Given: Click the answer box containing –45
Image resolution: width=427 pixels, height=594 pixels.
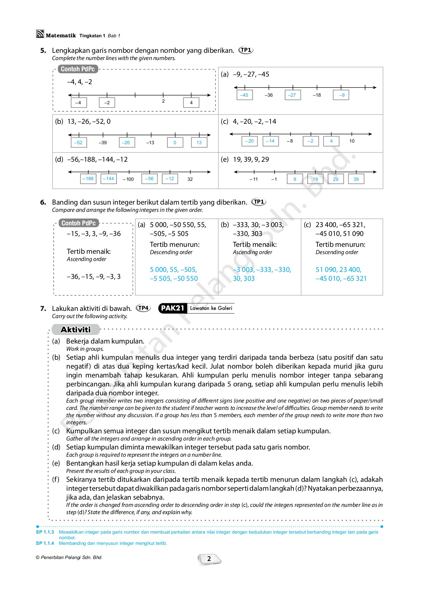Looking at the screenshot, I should click(x=244, y=95).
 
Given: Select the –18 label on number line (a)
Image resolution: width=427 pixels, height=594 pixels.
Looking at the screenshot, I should click(x=317, y=95).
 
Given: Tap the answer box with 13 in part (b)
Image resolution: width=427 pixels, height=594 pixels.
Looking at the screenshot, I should click(x=199, y=143).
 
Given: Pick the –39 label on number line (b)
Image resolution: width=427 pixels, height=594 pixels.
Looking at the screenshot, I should click(x=102, y=143).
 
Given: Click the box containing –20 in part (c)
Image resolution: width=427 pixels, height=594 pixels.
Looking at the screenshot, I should click(x=249, y=141).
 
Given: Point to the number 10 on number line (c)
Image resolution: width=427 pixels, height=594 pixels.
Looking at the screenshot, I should click(x=352, y=141).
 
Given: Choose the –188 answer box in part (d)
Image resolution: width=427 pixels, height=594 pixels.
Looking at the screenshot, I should click(x=88, y=179).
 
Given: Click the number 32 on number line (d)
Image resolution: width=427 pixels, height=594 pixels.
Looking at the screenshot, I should click(x=190, y=179).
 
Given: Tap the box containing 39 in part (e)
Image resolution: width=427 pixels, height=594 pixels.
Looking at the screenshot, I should click(x=356, y=179).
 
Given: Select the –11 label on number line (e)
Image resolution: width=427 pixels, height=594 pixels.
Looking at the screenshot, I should click(x=254, y=179).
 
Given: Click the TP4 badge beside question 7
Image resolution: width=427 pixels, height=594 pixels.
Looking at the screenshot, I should click(x=143, y=308).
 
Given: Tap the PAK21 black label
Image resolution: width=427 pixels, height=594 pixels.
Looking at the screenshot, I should click(x=172, y=308).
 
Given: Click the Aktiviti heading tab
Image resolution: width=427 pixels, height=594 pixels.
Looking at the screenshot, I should click(x=76, y=329).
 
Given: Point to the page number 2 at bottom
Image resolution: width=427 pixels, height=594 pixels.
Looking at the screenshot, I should click(x=209, y=559).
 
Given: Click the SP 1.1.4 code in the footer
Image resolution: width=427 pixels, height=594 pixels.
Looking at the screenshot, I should click(x=45, y=543).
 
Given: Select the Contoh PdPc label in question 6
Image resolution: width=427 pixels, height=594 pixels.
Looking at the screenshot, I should click(x=78, y=223).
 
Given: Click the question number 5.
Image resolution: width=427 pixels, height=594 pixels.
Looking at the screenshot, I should click(x=43, y=50).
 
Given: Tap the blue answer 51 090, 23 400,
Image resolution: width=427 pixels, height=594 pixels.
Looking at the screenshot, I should click(x=338, y=270).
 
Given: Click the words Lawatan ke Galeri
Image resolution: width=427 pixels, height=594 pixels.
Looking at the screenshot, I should click(x=211, y=308).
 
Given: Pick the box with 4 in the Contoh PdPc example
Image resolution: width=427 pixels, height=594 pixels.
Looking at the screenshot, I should click(x=191, y=103).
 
